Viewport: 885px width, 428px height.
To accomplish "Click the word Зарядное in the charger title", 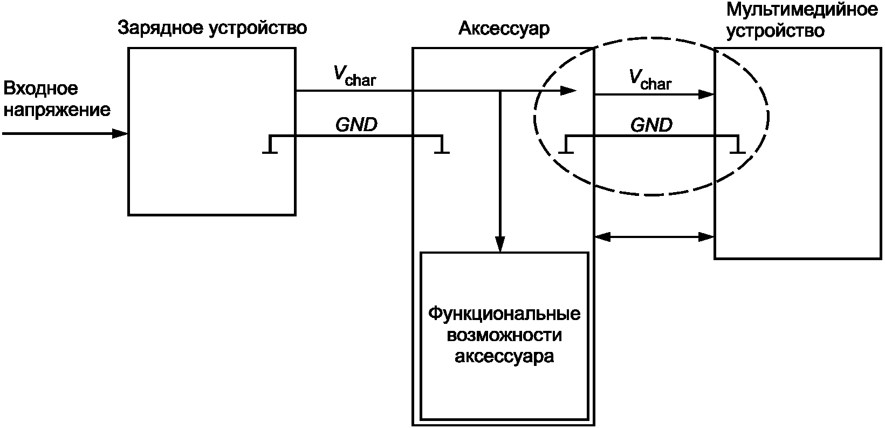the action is pos(160,29).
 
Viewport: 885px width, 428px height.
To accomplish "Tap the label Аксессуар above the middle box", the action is pos(504,29).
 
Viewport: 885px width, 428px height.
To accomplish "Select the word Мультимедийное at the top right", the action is pos(802,10).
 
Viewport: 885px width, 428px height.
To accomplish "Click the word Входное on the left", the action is pos(40,88).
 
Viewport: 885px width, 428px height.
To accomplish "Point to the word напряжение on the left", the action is pos(57,110).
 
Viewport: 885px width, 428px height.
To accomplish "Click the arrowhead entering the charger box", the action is pos(120,134).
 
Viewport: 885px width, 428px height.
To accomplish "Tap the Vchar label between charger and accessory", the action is pos(355,75).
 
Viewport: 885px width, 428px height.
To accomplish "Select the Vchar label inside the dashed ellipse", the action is pos(650,79).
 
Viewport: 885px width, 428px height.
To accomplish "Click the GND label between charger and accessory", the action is pos(356,125).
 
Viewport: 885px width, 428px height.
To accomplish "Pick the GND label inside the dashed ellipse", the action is pos(651,125).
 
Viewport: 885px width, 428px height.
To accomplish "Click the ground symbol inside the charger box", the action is pos(270,145).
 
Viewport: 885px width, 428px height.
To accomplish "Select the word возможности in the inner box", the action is pos(504,336).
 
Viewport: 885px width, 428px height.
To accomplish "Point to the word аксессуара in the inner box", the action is pos(504,357).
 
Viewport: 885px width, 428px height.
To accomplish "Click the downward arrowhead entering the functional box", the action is pos(500,244).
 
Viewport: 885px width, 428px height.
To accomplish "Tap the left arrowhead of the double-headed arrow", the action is pos(602,237).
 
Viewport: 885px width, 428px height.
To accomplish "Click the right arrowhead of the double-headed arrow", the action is pos(706,237).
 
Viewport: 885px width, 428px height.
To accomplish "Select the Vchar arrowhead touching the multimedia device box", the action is pos(706,94).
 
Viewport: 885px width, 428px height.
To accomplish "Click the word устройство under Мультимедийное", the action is pos(776,31).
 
